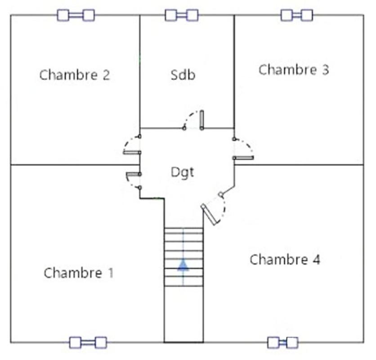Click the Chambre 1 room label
point(78,273)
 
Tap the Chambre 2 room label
point(75,75)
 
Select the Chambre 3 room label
point(294,70)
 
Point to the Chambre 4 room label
point(285,260)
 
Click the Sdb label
point(183,75)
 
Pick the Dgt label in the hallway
point(183,172)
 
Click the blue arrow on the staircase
point(183,265)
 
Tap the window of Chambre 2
point(76,15)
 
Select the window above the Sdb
point(182,15)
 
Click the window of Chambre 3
point(297,15)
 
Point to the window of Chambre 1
point(88,343)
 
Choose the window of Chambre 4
point(283,343)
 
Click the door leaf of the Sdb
point(202,120)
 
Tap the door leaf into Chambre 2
point(132,152)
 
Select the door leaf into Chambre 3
point(243,158)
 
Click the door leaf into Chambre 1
point(134,174)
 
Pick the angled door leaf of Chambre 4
point(209,215)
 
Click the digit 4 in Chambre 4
point(317,260)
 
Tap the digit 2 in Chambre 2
point(106,75)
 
